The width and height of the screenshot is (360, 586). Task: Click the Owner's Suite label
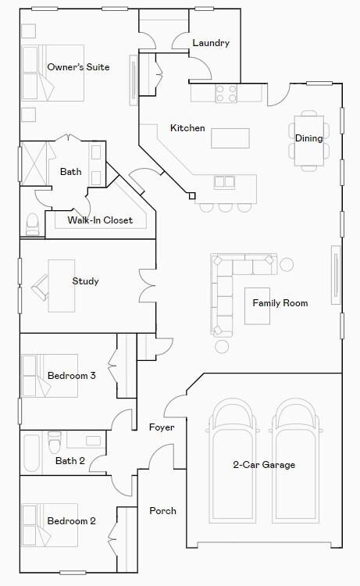tap(78, 67)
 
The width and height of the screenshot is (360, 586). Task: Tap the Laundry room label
tap(210, 43)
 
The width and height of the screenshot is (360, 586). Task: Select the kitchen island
tap(230, 138)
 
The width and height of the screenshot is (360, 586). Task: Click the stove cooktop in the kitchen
tap(226, 94)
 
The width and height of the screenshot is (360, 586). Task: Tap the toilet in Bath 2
tap(55, 443)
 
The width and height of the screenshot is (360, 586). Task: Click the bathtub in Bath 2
tap(32, 454)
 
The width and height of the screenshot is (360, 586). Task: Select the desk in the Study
tap(61, 285)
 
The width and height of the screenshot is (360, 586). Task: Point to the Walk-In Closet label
tap(100, 220)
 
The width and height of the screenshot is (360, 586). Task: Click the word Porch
tap(162, 511)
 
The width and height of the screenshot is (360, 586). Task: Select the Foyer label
tap(162, 427)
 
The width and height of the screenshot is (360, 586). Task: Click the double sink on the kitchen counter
tap(225, 182)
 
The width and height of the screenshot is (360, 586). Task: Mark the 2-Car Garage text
tap(264, 465)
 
